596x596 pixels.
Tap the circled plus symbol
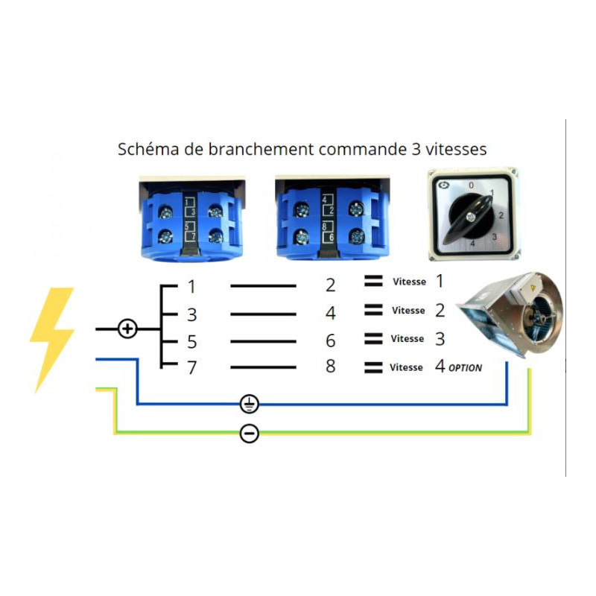[x=127, y=329]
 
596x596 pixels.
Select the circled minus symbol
[x=250, y=434]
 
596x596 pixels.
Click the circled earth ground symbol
[x=250, y=404]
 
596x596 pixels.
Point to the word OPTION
[x=465, y=368]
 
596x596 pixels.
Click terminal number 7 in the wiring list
[x=192, y=367]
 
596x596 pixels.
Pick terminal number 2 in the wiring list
[x=330, y=285]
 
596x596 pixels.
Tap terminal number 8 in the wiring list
[x=330, y=366]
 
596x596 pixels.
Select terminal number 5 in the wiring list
[x=192, y=342]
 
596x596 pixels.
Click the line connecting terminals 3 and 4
[x=263, y=314]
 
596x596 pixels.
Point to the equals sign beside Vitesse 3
[x=373, y=338]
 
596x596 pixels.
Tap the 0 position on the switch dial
[x=472, y=186]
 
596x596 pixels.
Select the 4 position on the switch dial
[x=472, y=244]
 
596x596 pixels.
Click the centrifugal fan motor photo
[x=510, y=314]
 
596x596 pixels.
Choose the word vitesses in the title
[x=456, y=149]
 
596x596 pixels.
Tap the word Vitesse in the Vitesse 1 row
[x=409, y=282]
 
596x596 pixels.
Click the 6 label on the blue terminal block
[x=332, y=237]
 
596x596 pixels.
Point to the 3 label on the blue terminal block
[x=193, y=212]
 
